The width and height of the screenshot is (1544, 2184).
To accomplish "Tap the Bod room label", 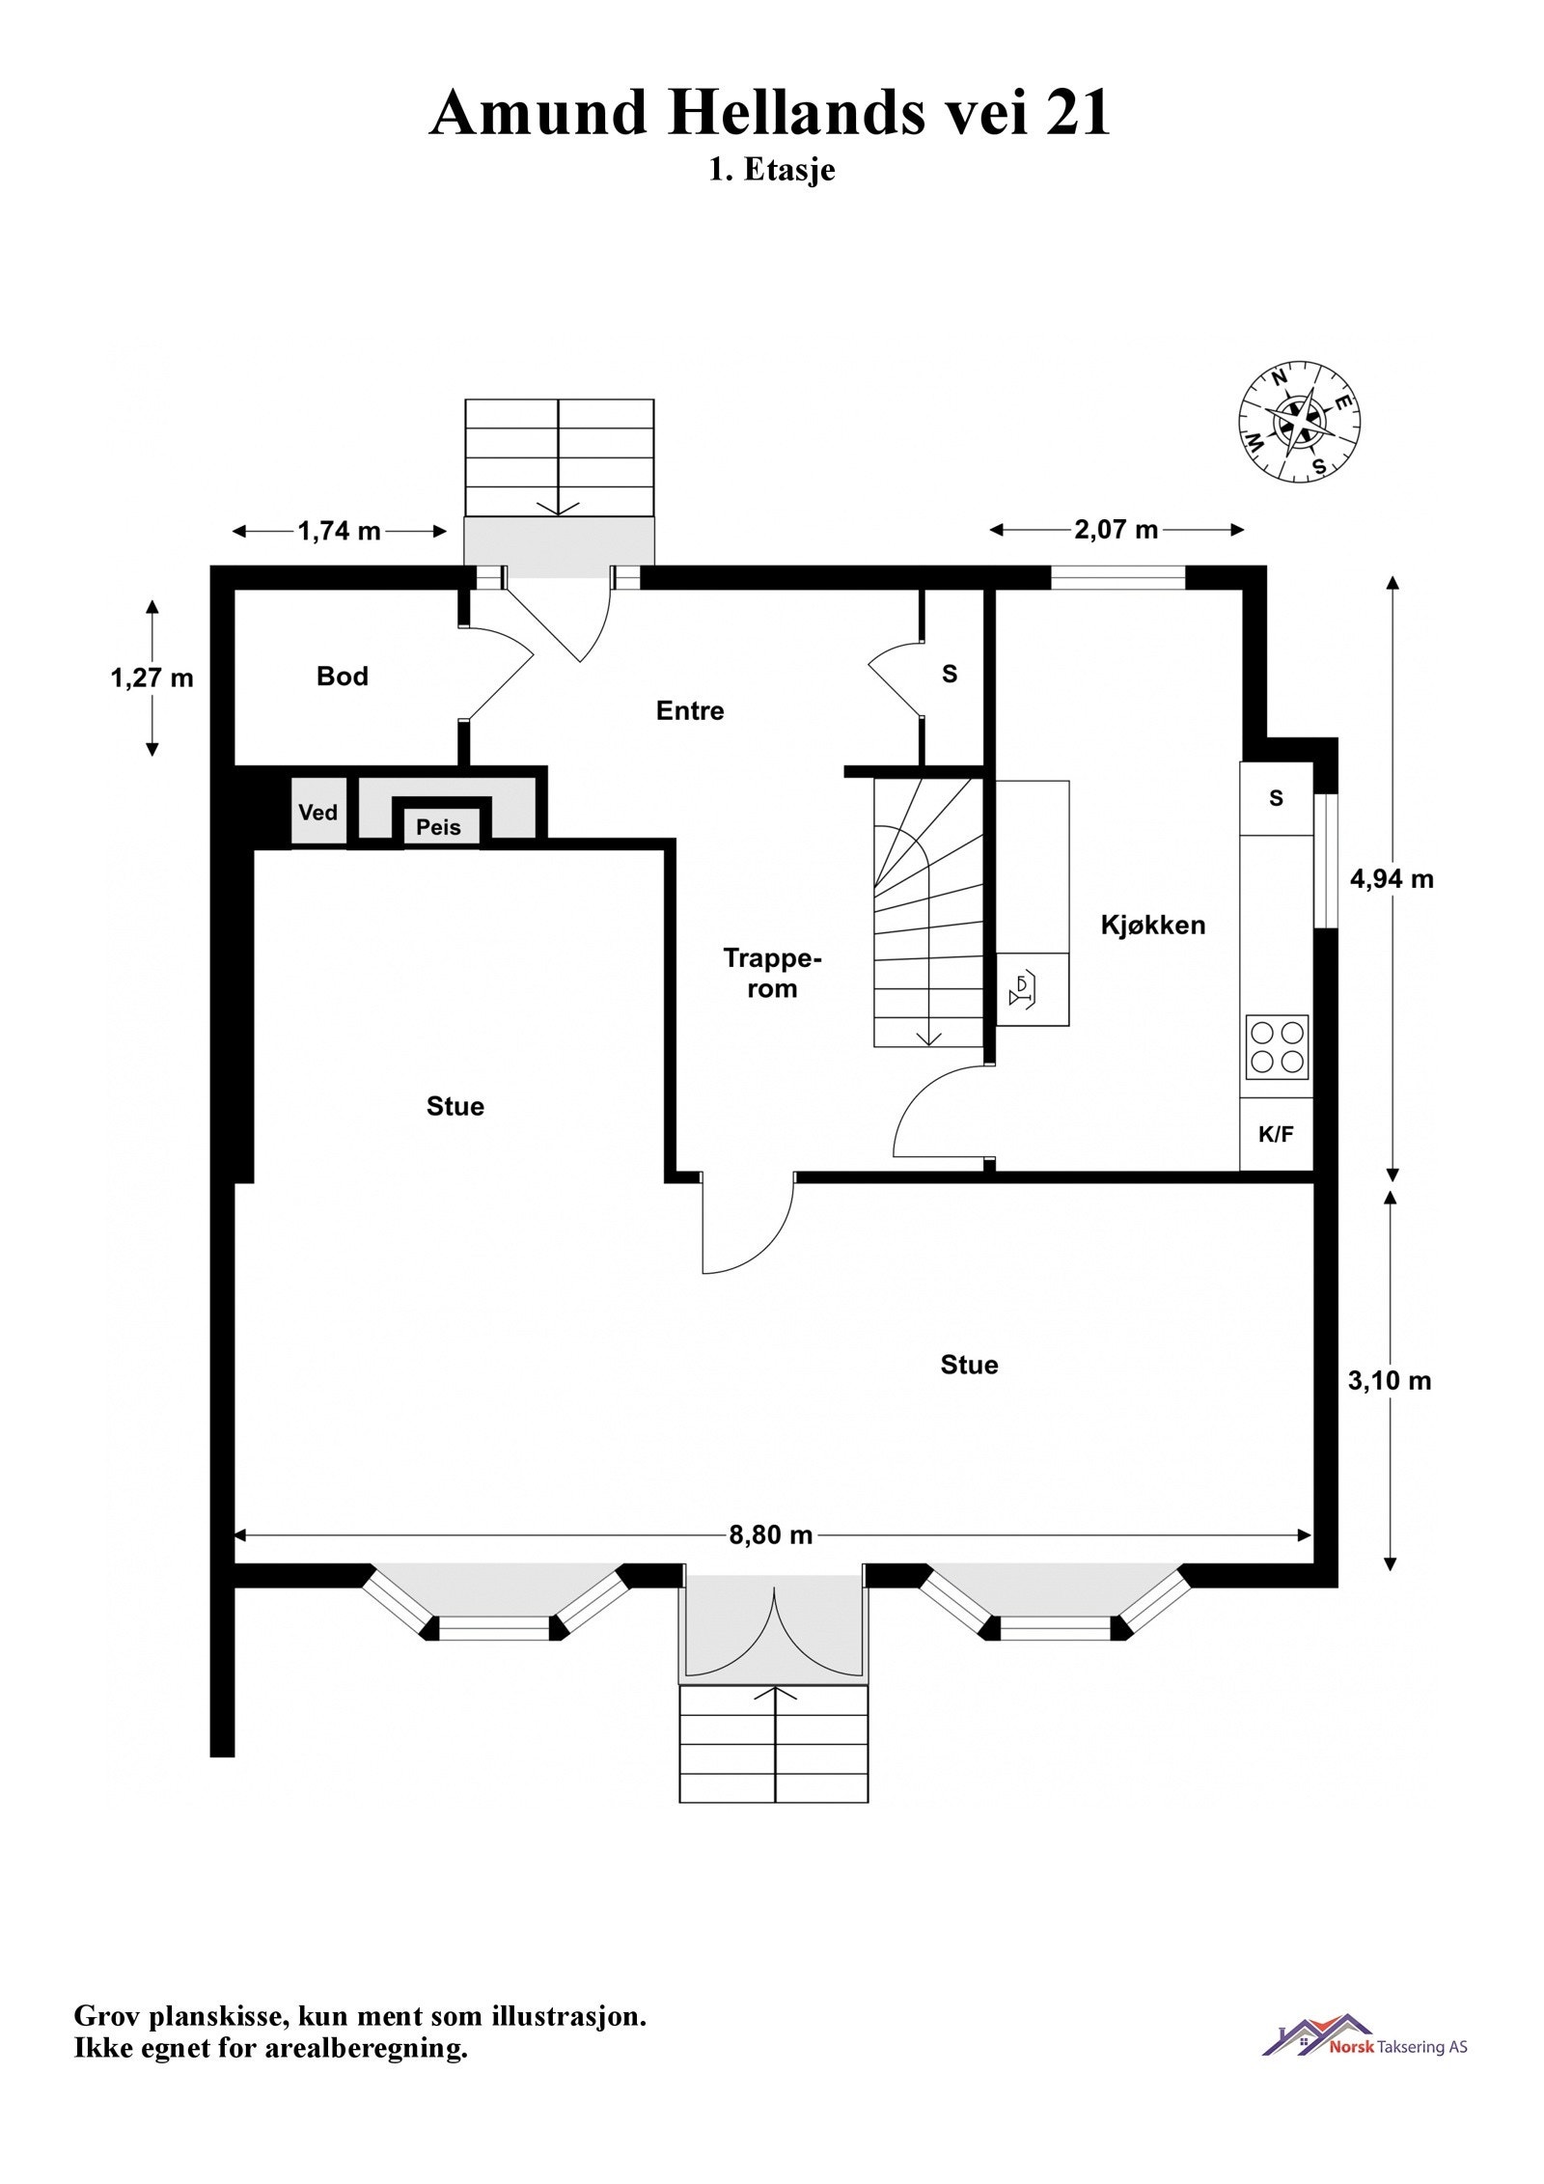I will (343, 676).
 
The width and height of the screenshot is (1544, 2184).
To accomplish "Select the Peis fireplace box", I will (439, 827).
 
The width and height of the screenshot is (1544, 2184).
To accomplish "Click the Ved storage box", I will (318, 813).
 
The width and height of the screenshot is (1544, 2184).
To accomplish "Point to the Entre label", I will (689, 711).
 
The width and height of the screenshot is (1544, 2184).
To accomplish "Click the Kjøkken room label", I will (1153, 925).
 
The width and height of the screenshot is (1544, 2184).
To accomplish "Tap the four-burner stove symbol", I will (1277, 1047).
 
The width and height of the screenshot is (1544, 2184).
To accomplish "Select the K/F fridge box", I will (1276, 1135).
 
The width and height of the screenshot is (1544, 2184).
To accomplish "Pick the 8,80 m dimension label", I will (770, 1535).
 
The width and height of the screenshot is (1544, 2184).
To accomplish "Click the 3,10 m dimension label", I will (1390, 1381).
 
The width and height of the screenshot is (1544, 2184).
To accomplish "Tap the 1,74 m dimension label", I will (339, 531).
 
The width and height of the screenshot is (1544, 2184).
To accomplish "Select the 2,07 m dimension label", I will (1116, 529).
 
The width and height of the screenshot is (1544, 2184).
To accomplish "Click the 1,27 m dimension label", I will (152, 678).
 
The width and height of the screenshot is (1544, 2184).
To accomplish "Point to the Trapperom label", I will (772, 973).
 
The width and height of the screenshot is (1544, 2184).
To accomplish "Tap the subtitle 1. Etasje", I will (771, 170).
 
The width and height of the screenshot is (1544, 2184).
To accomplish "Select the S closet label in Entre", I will (950, 675).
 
